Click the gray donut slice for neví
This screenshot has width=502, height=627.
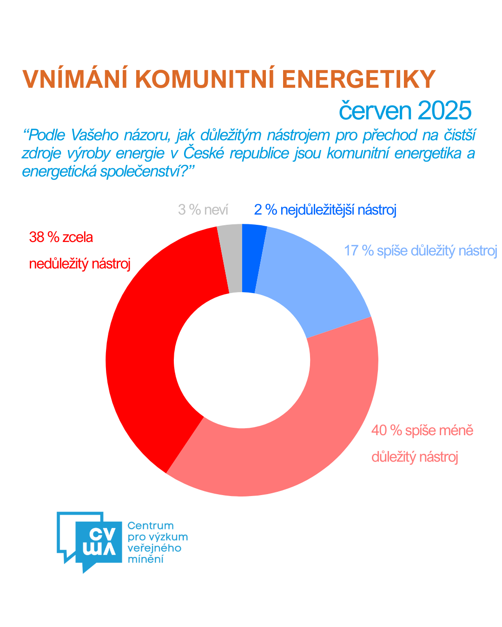[x=231, y=258]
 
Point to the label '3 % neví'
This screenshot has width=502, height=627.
[x=203, y=210]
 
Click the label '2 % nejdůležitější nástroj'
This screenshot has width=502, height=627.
[x=325, y=210]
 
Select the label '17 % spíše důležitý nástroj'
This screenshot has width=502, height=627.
[x=420, y=251]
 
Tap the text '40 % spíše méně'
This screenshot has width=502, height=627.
[x=422, y=431]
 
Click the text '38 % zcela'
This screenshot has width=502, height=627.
[x=61, y=237]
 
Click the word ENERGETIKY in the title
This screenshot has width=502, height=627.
[x=359, y=79]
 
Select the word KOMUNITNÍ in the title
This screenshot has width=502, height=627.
[x=205, y=79]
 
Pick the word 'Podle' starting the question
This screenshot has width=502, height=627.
[x=46, y=135]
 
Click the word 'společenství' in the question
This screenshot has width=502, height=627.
[x=140, y=172]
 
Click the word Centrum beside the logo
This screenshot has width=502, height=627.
[x=150, y=526]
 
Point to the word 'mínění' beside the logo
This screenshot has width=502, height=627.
[x=145, y=559]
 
